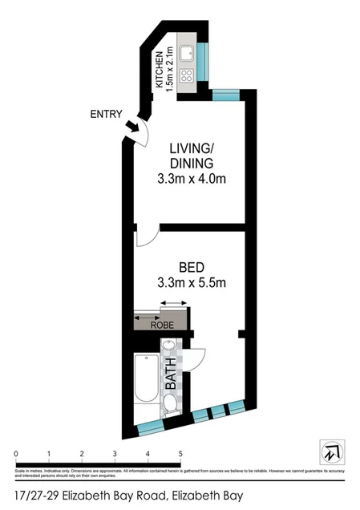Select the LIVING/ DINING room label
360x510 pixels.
pyautogui.click(x=191, y=156)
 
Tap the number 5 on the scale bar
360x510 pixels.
pyautogui.click(x=181, y=453)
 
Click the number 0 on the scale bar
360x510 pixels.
pyautogui.click(x=15, y=453)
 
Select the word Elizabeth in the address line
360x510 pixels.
pyautogui.click(x=86, y=496)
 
